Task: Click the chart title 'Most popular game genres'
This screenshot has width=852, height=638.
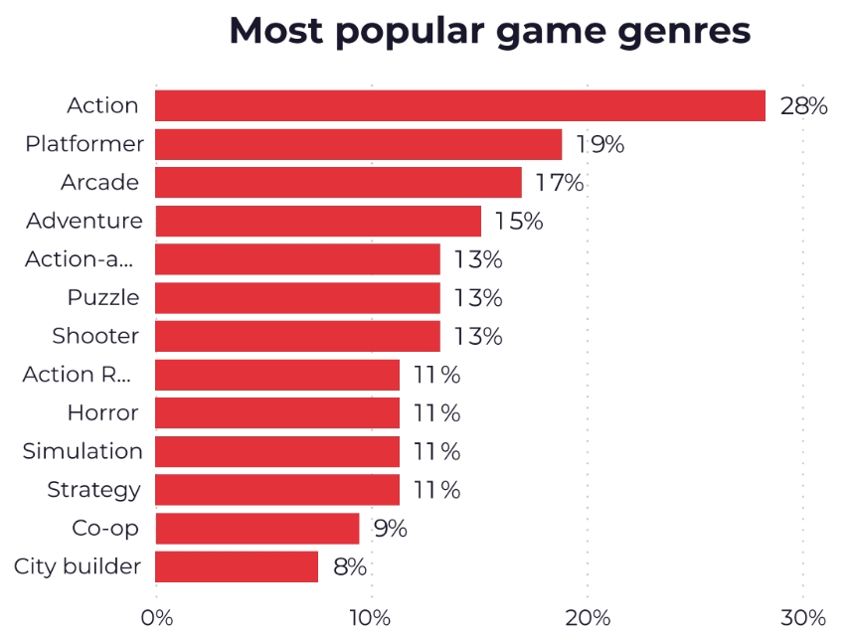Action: coord(489,31)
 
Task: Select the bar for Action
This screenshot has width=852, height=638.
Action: coord(460,105)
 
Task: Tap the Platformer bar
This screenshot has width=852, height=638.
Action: coord(358,144)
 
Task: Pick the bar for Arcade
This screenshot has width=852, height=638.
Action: coord(338,183)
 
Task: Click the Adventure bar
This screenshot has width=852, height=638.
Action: coord(318,221)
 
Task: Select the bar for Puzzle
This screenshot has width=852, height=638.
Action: coord(297,298)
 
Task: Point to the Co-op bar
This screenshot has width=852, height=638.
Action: coord(256,529)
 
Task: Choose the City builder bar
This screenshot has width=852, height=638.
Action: coord(237,567)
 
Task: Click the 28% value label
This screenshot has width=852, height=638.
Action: coord(803,106)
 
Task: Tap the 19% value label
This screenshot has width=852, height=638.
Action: coord(599,145)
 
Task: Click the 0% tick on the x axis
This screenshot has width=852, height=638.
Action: coord(157,617)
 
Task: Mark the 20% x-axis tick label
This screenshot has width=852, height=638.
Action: coord(588,617)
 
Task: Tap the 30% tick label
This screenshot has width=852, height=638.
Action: coord(803,617)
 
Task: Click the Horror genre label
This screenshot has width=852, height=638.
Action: coord(102,412)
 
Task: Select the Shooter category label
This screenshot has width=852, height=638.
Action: coord(95,336)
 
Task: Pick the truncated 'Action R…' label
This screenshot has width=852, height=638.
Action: coord(77,375)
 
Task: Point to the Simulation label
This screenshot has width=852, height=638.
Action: coord(83,451)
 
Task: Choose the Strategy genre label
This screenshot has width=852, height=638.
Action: coord(93,490)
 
